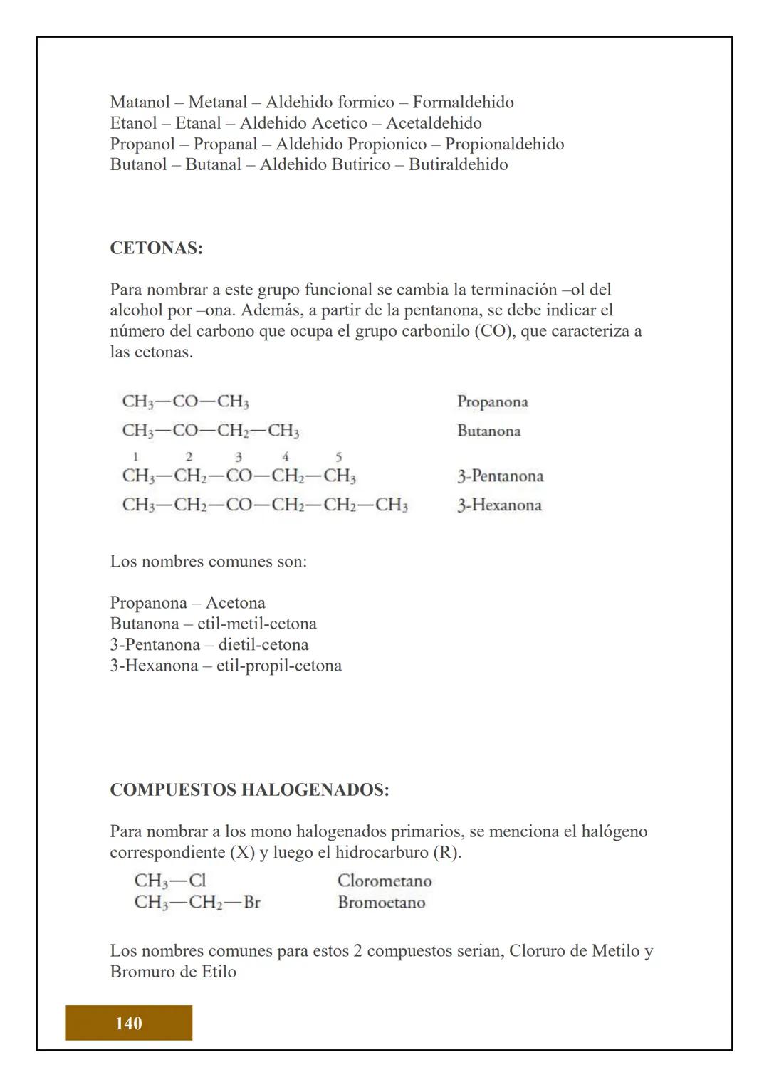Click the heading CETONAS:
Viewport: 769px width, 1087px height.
click(156, 248)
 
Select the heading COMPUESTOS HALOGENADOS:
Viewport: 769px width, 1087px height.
click(249, 790)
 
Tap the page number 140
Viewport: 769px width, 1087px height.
click(128, 1023)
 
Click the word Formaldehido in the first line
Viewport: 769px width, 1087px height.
click(463, 103)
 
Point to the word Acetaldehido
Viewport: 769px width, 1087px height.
click(434, 123)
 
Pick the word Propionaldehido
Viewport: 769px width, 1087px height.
click(504, 144)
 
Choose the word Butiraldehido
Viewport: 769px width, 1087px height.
click(458, 164)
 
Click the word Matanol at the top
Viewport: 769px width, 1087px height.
click(138, 103)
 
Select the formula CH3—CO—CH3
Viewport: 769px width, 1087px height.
click(185, 401)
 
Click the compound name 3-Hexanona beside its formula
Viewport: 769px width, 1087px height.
click(499, 505)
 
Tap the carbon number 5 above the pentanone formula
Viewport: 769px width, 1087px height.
click(338, 457)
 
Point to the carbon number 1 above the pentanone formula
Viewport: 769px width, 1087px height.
click(135, 457)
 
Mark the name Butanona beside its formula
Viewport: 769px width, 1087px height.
click(488, 431)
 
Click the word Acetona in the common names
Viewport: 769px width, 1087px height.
click(235, 603)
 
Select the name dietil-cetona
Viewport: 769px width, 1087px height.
click(263, 645)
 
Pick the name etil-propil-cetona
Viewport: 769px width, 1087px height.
click(278, 666)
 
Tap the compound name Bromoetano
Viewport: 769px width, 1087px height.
click(381, 903)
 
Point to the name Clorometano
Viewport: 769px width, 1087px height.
click(384, 881)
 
